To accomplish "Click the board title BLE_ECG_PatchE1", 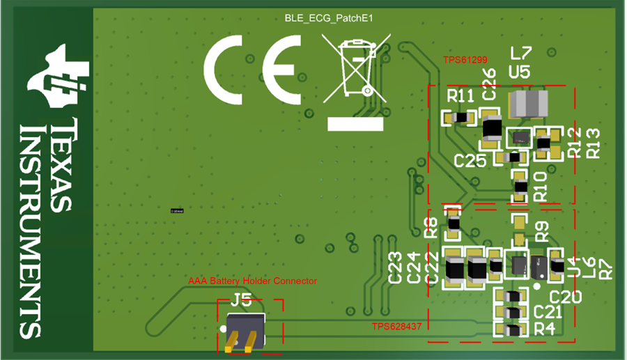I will point(329,19).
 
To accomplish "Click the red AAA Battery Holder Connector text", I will point(253,281).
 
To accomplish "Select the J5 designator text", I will point(241,301).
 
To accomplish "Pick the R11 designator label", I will point(460,95).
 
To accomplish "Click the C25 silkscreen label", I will point(470,161).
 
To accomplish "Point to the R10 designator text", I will point(540,187).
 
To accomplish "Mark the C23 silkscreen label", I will point(395,268).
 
